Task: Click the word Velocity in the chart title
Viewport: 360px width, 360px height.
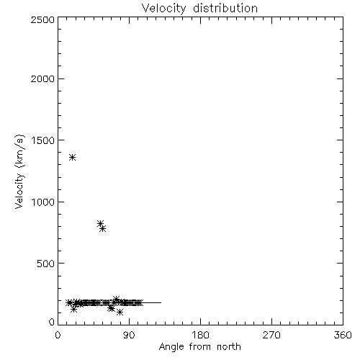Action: click(164, 9)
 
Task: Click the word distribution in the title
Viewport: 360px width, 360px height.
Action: click(225, 8)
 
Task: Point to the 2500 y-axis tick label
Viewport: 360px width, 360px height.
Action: click(42, 19)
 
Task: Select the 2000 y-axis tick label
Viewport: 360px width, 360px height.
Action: click(42, 78)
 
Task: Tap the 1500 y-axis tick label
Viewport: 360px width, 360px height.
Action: click(43, 140)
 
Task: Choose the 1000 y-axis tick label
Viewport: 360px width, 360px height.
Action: click(43, 202)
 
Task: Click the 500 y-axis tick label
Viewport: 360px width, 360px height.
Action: click(46, 264)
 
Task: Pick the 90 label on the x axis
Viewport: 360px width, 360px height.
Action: click(129, 335)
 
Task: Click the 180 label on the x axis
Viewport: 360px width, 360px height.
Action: click(200, 335)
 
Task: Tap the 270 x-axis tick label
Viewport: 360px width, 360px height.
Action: click(271, 335)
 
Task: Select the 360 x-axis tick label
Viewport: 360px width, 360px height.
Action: click(343, 335)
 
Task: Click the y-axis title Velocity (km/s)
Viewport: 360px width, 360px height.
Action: click(19, 171)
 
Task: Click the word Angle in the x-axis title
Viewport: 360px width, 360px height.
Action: click(171, 347)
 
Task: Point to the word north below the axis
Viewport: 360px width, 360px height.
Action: click(229, 346)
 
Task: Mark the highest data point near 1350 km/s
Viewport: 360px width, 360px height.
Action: click(73, 158)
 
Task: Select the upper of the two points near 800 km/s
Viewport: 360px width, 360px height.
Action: click(101, 223)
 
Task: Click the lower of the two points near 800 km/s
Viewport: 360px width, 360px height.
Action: click(103, 229)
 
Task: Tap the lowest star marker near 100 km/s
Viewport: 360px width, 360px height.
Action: click(120, 312)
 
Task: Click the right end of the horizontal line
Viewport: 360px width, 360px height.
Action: click(161, 302)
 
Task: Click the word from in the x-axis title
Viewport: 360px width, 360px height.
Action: click(201, 346)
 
